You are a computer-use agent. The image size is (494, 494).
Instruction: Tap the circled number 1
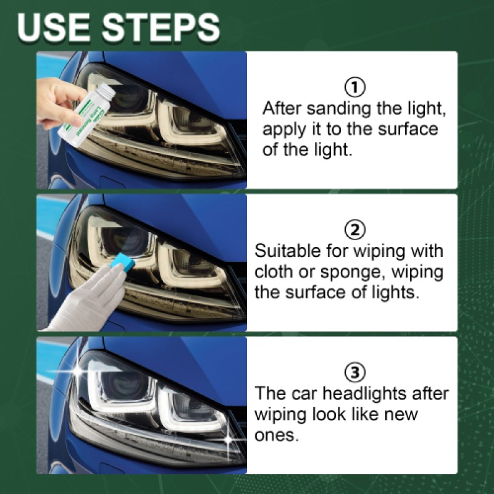coord(355,86)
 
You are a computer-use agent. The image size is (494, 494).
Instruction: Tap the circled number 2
coord(355,230)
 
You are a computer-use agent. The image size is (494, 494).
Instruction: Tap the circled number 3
coord(355,373)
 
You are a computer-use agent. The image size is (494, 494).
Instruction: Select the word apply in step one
coord(285,130)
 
